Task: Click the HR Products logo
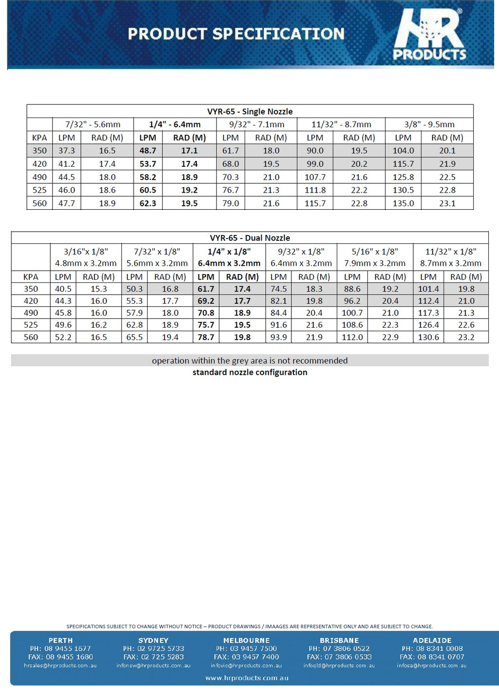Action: [429, 35]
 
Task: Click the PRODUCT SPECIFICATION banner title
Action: [236, 34]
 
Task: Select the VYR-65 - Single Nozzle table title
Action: [250, 111]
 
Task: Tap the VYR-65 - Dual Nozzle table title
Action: [250, 238]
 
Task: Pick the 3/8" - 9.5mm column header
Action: [429, 124]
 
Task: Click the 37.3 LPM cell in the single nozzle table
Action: [67, 151]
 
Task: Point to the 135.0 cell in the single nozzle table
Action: [403, 203]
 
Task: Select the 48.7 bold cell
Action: [148, 151]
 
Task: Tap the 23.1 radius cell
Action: [447, 203]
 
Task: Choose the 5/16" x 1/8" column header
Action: [375, 257]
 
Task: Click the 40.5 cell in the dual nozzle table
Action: [63, 289]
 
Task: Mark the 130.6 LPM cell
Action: [428, 337]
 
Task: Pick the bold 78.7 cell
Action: [206, 337]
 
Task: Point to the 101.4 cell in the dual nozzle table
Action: [428, 289]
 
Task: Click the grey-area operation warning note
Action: [250, 361]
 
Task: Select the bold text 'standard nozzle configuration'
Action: [250, 373]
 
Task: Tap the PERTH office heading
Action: [60, 640]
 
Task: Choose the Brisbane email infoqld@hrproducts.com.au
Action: [339, 665]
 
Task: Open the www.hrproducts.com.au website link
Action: [247, 678]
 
